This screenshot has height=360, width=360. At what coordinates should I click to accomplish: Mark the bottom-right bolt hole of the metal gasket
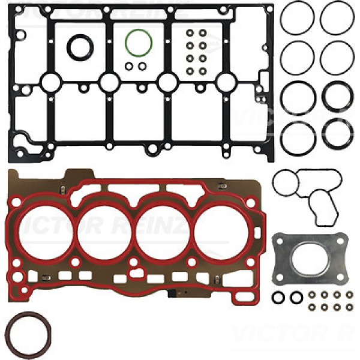[343, 277]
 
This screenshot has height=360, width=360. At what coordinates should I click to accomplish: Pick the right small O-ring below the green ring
[142, 65]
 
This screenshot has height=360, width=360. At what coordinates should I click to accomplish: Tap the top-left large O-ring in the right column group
[297, 18]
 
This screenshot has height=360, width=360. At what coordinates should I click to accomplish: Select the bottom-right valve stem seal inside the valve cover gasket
[203, 71]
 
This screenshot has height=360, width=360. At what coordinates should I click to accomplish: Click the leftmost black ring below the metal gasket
[277, 297]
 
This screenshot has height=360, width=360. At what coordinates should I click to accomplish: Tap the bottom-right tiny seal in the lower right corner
[350, 307]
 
